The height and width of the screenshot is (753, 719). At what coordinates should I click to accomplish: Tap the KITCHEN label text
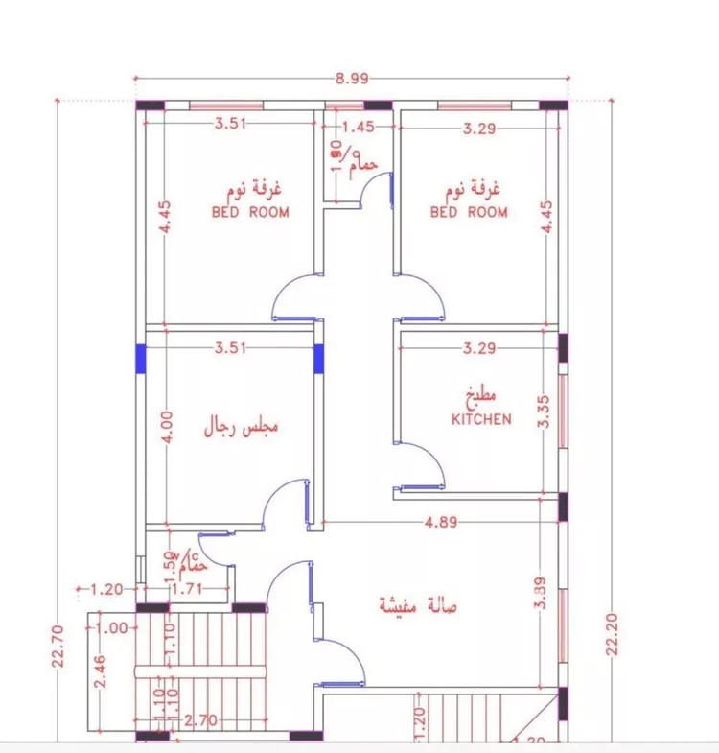coord(481,419)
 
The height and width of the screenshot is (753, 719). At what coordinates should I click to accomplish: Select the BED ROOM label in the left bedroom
coord(250,212)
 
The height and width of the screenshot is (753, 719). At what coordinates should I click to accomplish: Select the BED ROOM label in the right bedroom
coord(469,212)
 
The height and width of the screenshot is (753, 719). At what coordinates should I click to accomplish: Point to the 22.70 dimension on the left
coord(59,646)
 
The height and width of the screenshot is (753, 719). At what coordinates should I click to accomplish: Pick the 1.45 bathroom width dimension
coord(358,126)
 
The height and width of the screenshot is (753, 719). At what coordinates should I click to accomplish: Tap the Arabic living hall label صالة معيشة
coord(418,606)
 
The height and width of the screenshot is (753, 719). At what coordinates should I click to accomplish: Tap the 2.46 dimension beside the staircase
coord(99,671)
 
